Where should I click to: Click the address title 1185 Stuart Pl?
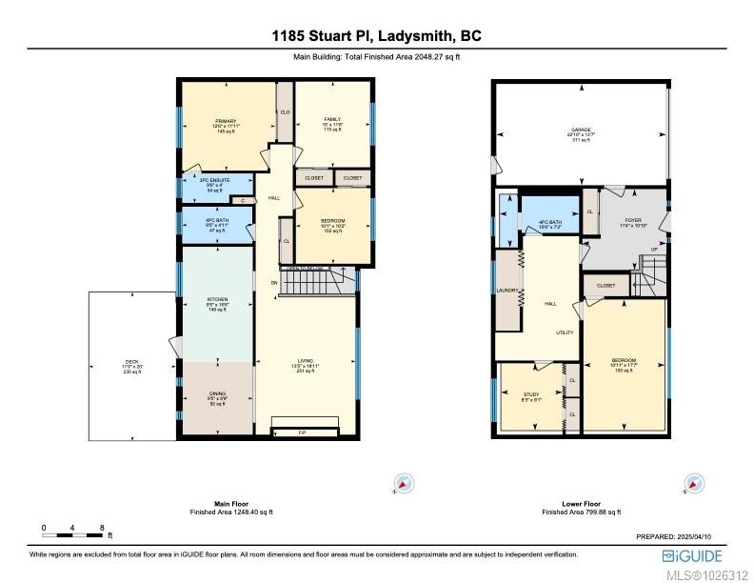click(376, 36)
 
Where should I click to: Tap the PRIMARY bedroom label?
click(225, 122)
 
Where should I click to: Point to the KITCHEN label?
click(218, 299)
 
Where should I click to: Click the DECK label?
click(132, 362)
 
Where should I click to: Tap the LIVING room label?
click(305, 361)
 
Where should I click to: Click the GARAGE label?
click(581, 129)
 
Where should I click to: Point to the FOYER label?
click(632, 220)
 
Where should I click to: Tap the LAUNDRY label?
click(506, 291)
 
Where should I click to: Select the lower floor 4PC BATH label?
click(549, 222)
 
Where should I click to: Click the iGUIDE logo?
click(690, 555)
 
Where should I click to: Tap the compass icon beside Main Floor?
click(403, 484)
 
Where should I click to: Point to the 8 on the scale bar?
click(102, 527)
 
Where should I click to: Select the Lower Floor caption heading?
click(581, 503)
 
